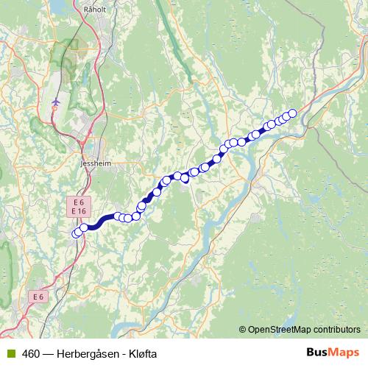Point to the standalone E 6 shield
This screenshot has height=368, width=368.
[x=39, y=296]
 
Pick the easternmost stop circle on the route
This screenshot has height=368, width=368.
[x=292, y=113]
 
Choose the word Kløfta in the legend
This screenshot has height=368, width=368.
[x=142, y=353]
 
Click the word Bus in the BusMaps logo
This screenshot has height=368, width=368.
[x=317, y=353]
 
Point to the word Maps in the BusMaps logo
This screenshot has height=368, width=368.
[x=344, y=353]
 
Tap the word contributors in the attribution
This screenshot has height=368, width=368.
[x=337, y=330]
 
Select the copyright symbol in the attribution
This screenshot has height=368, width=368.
[x=243, y=330]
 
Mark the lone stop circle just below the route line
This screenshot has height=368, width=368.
[x=185, y=179]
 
